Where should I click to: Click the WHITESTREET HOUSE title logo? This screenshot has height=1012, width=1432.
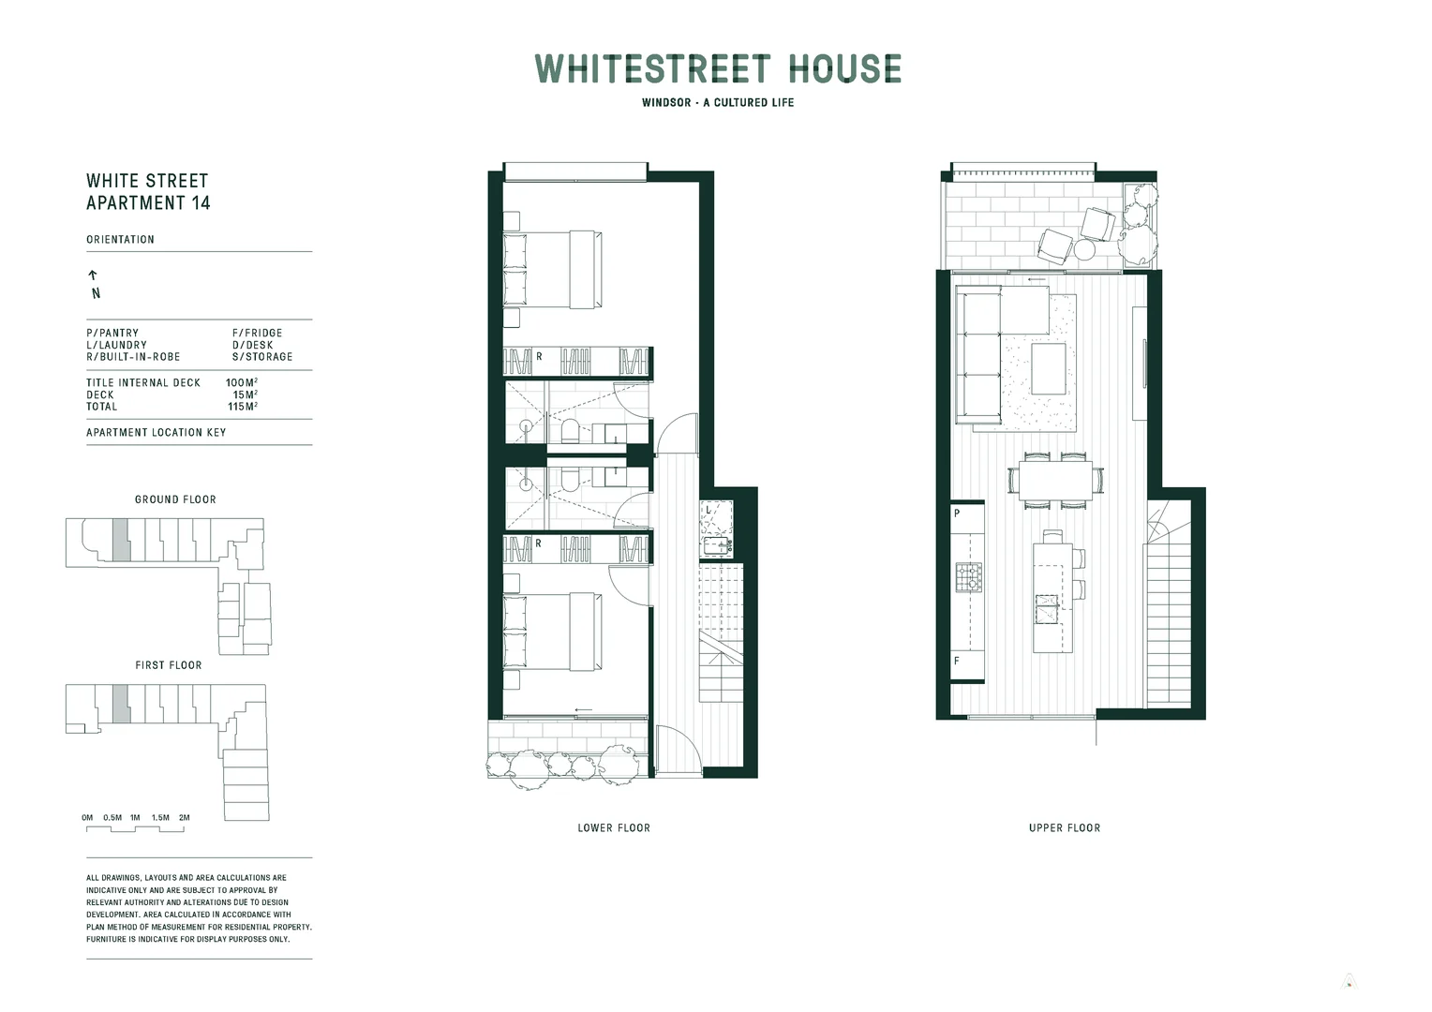(x=718, y=69)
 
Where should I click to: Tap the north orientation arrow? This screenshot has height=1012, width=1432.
(x=93, y=275)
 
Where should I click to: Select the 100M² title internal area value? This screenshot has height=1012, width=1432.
(x=242, y=383)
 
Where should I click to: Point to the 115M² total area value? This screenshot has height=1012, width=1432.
(x=243, y=407)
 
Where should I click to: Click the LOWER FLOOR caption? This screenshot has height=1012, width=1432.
(x=614, y=828)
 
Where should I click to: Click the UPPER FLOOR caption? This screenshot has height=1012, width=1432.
(x=1065, y=828)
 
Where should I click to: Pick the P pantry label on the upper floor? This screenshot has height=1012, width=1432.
(x=957, y=513)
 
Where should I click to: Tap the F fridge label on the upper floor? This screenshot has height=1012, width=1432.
(x=957, y=661)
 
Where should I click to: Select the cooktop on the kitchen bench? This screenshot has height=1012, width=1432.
(x=968, y=576)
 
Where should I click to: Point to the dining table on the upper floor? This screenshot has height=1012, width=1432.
(x=1055, y=481)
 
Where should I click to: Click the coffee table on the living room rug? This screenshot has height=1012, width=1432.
(x=1049, y=368)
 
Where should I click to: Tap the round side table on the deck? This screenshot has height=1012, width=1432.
(x=1084, y=250)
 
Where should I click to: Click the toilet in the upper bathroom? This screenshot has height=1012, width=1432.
(x=570, y=432)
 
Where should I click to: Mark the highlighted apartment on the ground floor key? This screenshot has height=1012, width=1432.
(x=120, y=541)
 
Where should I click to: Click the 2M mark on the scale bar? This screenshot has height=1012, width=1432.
(x=185, y=818)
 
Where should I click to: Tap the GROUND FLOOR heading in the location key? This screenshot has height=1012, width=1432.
(x=175, y=499)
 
